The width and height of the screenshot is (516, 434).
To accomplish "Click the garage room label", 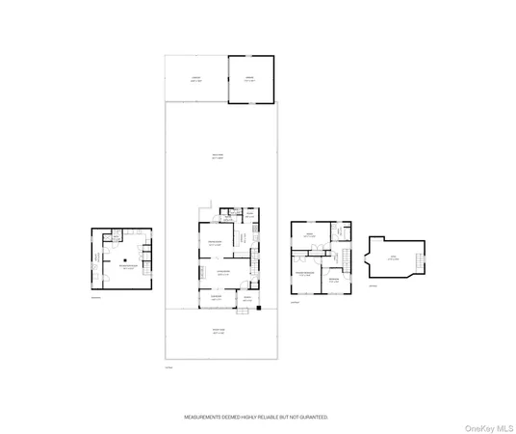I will (x=249, y=80).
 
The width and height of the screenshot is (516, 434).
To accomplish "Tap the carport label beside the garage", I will (x=195, y=80).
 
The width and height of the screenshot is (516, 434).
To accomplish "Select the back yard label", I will (x=218, y=158).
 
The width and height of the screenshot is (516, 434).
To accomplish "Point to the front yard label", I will (x=219, y=332).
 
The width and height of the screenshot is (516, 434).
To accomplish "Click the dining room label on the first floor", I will (x=218, y=244).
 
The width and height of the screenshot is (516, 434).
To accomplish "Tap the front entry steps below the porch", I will (x=229, y=311).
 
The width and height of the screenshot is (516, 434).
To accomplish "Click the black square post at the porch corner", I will (x=259, y=310).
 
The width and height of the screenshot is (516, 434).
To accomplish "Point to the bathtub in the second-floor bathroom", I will (x=343, y=233).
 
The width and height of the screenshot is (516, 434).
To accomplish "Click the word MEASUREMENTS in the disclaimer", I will (x=206, y=418).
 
